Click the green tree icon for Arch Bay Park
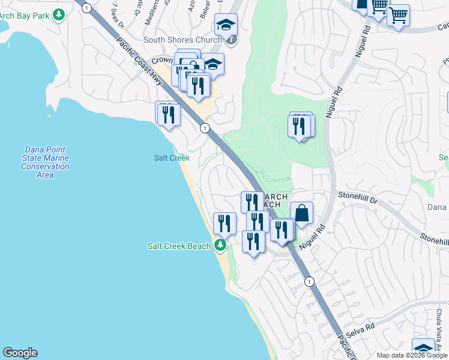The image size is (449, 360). click(x=58, y=14)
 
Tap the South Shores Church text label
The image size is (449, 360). click(x=182, y=40)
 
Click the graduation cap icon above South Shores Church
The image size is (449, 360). click(x=226, y=25)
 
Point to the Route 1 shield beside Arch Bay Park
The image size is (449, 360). click(x=88, y=8)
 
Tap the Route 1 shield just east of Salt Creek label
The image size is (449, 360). click(x=205, y=128)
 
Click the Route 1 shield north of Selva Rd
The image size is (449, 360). click(x=309, y=281)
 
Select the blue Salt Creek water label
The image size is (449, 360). click(x=172, y=158)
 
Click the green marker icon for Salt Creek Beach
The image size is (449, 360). click(x=220, y=245)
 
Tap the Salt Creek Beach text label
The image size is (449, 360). click(x=179, y=246)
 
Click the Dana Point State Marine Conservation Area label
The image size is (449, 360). click(x=45, y=162)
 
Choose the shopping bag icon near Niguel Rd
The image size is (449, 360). click(x=301, y=213)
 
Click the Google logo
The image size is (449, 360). click(x=20, y=353)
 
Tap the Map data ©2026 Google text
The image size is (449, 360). click(x=411, y=355)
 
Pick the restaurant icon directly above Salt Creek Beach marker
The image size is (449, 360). click(x=224, y=223)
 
